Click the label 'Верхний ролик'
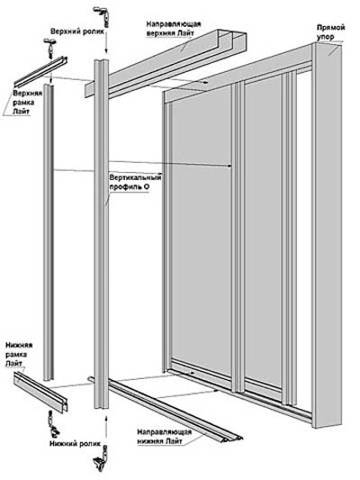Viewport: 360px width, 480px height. click(x=77, y=32)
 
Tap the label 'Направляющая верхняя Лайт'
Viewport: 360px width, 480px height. click(x=174, y=28)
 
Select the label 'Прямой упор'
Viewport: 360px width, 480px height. click(x=330, y=32)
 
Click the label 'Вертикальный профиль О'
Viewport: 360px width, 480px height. click(x=135, y=182)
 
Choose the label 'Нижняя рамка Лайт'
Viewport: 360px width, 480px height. click(x=19, y=354)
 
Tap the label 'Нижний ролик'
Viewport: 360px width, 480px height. click(x=76, y=443)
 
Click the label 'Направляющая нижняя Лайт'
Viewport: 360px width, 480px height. click(x=164, y=437)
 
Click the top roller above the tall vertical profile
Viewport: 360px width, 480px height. click(x=101, y=16)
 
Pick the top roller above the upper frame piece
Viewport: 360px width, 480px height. click(x=49, y=48)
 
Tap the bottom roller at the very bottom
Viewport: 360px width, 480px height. click(x=101, y=461)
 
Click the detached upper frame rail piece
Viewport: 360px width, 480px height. click(x=41, y=71)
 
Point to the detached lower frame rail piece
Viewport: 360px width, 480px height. click(x=40, y=392)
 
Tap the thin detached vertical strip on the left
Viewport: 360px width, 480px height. click(x=49, y=231)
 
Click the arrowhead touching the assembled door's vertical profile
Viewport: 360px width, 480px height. click(x=229, y=166)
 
